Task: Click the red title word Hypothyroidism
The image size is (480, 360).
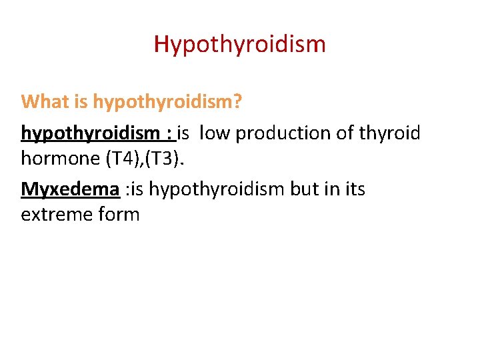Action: coord(240,45)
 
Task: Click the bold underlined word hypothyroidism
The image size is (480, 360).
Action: coord(89,133)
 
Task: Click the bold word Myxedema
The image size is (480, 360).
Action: coord(70,190)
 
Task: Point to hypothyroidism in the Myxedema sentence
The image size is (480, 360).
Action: coord(217,190)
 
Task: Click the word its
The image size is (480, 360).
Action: coord(354,190)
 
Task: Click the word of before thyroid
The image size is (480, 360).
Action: coord(346,133)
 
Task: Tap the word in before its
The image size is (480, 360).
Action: coord(332,190)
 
